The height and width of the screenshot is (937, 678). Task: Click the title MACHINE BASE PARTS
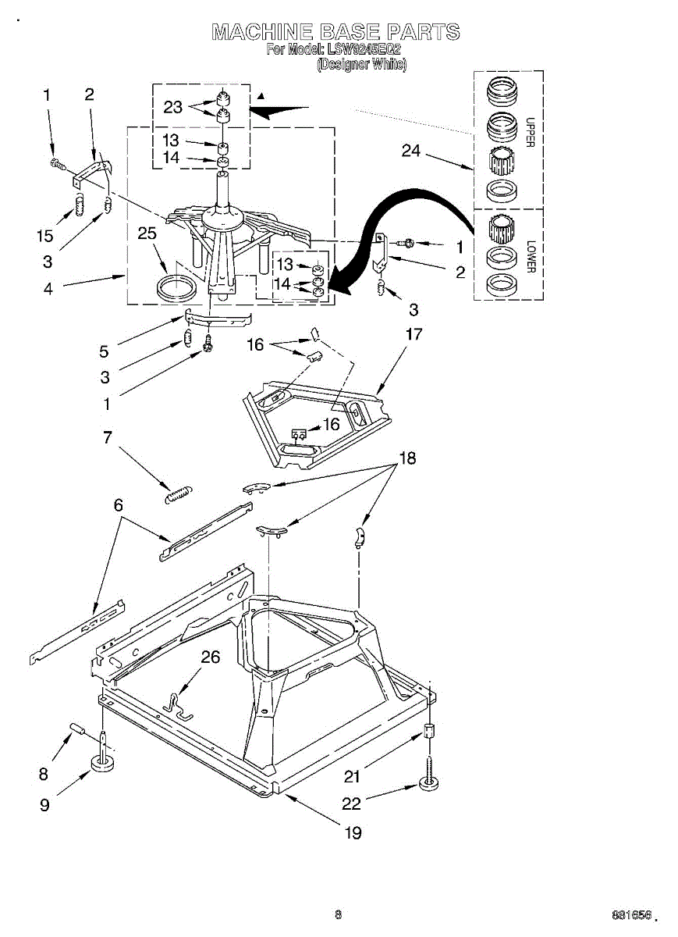(336, 32)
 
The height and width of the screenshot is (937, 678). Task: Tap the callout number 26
(210, 657)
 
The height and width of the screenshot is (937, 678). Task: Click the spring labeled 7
(179, 493)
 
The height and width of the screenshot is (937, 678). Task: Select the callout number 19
(353, 832)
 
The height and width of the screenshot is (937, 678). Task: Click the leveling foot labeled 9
(103, 761)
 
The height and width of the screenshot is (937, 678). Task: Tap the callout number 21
(353, 775)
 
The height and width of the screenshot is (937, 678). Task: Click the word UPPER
(530, 133)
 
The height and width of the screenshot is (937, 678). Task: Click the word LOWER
(530, 256)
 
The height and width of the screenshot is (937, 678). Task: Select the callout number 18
(406, 458)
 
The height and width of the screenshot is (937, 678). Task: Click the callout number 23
(172, 108)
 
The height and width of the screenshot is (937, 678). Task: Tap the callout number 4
(48, 288)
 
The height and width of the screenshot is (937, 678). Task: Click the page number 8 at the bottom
(338, 914)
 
